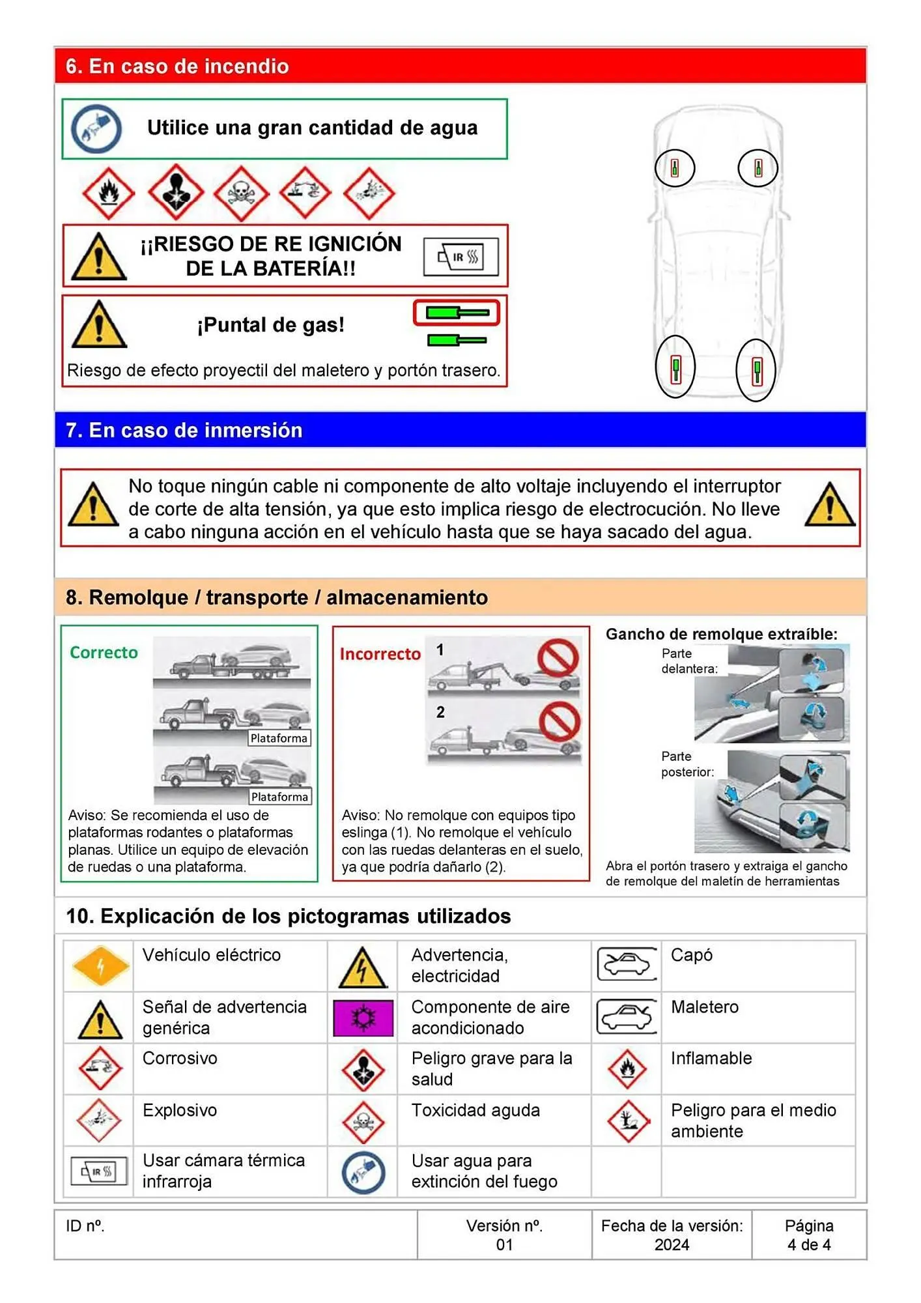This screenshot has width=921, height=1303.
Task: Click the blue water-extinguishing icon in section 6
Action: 96,129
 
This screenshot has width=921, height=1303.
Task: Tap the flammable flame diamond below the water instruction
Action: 108,193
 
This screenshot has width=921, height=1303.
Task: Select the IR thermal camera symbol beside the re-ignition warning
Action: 461,257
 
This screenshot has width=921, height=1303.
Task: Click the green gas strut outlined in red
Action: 457,313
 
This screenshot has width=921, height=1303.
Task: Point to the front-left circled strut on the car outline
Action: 675,168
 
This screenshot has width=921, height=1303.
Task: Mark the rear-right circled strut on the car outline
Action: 756,371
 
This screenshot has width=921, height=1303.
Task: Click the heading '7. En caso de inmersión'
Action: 184,431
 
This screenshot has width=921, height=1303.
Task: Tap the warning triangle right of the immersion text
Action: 829,506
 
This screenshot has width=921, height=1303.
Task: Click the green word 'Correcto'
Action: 104,653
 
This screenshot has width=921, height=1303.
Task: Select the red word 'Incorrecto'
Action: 380,654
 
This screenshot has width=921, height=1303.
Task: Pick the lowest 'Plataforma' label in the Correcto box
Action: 280,797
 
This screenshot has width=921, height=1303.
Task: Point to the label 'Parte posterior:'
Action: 687,764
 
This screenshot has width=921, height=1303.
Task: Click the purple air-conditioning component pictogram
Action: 363,1018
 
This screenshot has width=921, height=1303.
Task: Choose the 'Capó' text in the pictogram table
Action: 692,955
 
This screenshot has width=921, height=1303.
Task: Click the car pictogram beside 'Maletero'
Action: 627,1017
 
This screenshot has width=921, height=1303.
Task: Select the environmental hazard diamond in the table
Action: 627,1121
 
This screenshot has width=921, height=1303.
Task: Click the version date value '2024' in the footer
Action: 672,1245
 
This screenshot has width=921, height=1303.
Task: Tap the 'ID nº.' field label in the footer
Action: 85,1226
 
